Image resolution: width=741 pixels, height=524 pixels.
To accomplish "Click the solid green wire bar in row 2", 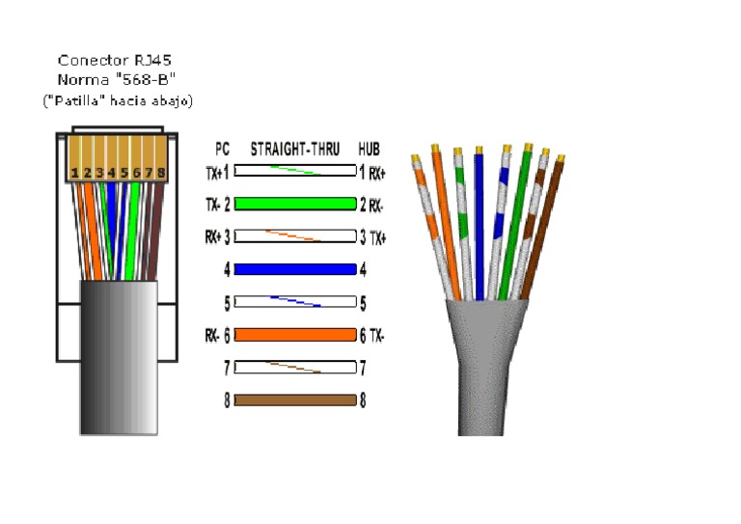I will (295, 204).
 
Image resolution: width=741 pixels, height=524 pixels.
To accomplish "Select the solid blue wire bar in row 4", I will (295, 270).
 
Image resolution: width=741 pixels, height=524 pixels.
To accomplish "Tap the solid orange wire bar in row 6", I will (295, 335).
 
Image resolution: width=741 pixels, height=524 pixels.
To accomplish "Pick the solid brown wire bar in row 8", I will (295, 400).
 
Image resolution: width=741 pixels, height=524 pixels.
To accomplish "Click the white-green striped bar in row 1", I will (295, 172).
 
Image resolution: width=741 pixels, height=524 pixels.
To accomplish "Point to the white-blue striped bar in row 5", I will (295, 303).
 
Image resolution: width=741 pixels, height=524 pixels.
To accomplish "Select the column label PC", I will (223, 150).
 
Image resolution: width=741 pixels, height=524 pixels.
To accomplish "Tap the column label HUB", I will (369, 150).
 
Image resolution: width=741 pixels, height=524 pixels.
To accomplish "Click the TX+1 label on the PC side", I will (218, 173).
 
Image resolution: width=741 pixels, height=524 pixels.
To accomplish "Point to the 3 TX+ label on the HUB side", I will (372, 236).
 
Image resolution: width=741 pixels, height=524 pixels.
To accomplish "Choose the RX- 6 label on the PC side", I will (218, 336).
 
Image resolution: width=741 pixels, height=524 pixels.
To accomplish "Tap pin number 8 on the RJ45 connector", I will (162, 174).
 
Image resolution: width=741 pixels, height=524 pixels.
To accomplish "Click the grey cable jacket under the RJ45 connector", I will (118, 357).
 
